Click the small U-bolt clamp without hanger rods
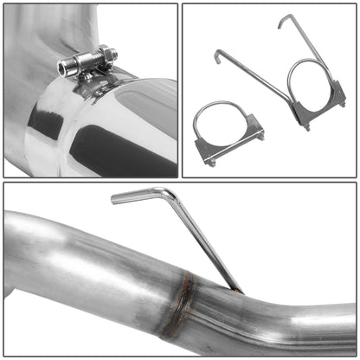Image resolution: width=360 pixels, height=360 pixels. pyautogui.click(x=228, y=134)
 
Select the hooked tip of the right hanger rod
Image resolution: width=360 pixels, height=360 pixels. pyautogui.click(x=283, y=20)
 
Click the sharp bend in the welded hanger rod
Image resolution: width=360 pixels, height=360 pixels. pyautogui.click(x=172, y=195)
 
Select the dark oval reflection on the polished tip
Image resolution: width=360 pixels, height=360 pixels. pyautogui.click(x=95, y=147)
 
